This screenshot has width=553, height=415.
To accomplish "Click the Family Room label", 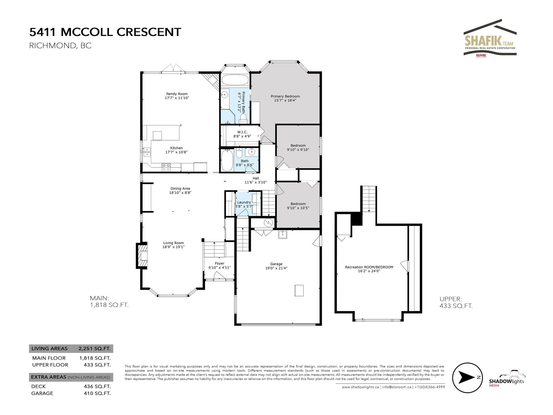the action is [x=177, y=94].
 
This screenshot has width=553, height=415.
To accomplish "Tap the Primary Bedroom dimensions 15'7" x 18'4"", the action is [x=285, y=100].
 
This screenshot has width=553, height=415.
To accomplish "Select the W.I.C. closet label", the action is [x=242, y=132].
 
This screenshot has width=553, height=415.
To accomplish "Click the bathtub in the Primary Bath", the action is [x=235, y=80].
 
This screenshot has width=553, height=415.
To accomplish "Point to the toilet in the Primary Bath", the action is [x=243, y=118].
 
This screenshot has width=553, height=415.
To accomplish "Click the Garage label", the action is [x=276, y=264].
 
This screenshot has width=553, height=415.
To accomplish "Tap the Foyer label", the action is [x=220, y=263].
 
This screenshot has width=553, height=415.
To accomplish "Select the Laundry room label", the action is [x=244, y=202].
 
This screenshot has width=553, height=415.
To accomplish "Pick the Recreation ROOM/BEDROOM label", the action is [x=369, y=267].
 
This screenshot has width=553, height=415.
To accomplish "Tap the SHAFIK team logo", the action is [x=490, y=38].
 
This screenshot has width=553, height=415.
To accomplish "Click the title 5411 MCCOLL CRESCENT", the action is [x=105, y=32].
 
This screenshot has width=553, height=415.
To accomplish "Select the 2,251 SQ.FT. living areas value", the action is [x=95, y=349].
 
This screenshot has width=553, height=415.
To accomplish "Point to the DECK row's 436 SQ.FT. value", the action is [x=97, y=386].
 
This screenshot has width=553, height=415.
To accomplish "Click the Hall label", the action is [x=256, y=178].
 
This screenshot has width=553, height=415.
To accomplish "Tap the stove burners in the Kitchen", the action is [x=166, y=168].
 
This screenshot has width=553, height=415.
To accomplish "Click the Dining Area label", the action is [x=180, y=189].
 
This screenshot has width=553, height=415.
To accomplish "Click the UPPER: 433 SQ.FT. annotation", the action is [x=456, y=302].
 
